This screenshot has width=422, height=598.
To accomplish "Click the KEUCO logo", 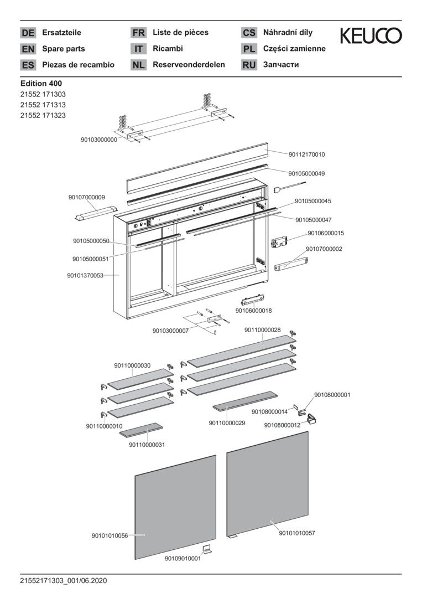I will click(371, 36).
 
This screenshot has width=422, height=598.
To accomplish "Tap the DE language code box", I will click(28, 33).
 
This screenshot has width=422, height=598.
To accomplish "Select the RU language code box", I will click(249, 65).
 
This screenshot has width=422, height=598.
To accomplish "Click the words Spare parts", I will click(64, 49).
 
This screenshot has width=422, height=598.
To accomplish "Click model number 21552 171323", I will click(43, 116).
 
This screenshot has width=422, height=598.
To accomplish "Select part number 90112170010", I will click(306, 154).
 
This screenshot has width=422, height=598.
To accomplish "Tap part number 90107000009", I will click(87, 197).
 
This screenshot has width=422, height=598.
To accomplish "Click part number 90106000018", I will click(253, 311).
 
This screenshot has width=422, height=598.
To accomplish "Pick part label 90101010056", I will click(110, 535).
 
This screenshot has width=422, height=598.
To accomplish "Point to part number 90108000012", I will click(282, 425).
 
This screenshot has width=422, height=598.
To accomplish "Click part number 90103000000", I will click(99, 140).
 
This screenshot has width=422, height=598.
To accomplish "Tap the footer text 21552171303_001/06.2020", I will click(63, 581).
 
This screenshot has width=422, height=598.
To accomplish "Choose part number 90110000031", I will click(147, 445).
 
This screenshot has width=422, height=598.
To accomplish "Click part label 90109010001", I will click(183, 559).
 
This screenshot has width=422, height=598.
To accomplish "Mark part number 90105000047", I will click(313, 220).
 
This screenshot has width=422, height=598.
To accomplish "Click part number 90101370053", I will click(85, 275).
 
